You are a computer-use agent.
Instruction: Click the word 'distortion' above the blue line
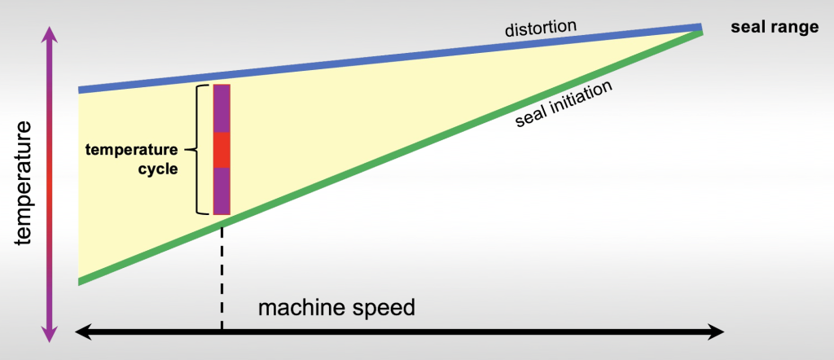(x=538, y=29)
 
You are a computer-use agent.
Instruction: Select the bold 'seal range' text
(x=775, y=28)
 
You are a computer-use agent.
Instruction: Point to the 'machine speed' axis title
(x=336, y=309)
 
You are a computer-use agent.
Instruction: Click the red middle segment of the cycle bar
(x=222, y=150)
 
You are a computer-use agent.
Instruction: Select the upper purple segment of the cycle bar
(x=222, y=108)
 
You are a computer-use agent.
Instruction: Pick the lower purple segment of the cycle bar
(x=222, y=191)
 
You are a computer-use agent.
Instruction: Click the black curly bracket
(x=196, y=150)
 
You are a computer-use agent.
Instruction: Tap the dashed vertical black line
(x=222, y=277)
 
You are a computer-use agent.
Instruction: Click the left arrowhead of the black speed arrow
(x=82, y=331)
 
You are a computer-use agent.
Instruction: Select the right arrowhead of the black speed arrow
(x=717, y=331)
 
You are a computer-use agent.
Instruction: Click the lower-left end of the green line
(x=81, y=281)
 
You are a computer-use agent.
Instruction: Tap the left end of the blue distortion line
(x=81, y=90)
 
